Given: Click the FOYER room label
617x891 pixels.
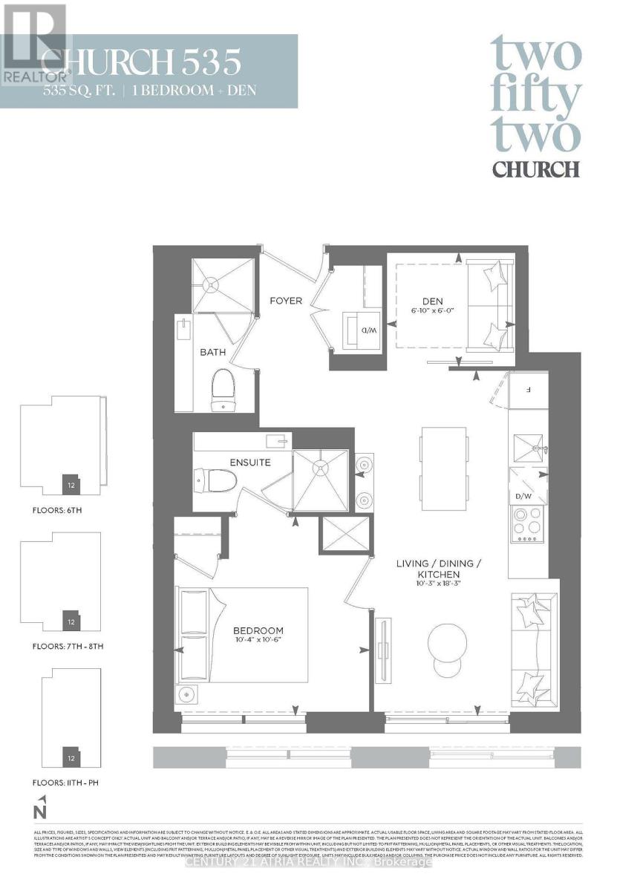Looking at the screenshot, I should (x=286, y=301).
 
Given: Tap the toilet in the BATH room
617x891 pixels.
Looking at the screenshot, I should (x=222, y=388).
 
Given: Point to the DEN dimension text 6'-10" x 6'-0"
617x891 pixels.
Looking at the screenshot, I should (x=432, y=311).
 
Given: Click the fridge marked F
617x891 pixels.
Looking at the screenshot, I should (x=527, y=388).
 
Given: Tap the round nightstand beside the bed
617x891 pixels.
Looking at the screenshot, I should (x=186, y=695).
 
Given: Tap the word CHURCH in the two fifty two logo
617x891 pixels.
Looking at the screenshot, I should (x=535, y=169).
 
